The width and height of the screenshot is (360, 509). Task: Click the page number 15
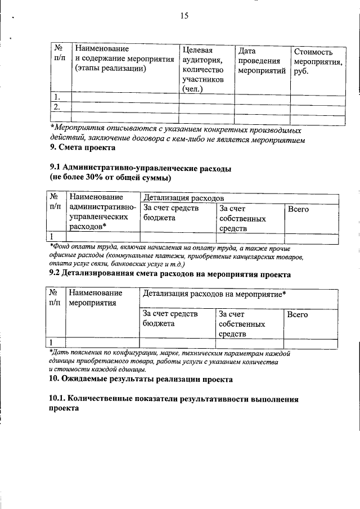point(184,16)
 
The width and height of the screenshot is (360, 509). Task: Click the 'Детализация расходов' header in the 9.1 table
point(184,198)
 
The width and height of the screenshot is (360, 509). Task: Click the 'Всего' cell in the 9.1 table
point(298,209)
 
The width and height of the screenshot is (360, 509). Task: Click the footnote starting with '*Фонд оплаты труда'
point(177,256)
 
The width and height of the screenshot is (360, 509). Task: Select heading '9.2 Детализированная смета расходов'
point(170,275)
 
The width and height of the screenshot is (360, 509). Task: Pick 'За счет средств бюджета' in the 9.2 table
point(170,319)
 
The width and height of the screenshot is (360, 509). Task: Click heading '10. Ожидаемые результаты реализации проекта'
point(141,380)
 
